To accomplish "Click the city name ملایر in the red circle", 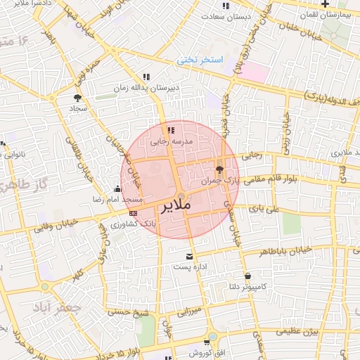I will (x=176, y=207).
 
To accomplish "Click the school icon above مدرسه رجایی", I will (x=171, y=130).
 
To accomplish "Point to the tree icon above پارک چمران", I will (x=219, y=169).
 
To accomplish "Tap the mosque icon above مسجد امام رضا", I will (x=117, y=188).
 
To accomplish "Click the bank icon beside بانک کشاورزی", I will (x=133, y=212).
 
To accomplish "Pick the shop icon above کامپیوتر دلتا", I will (x=247, y=276).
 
